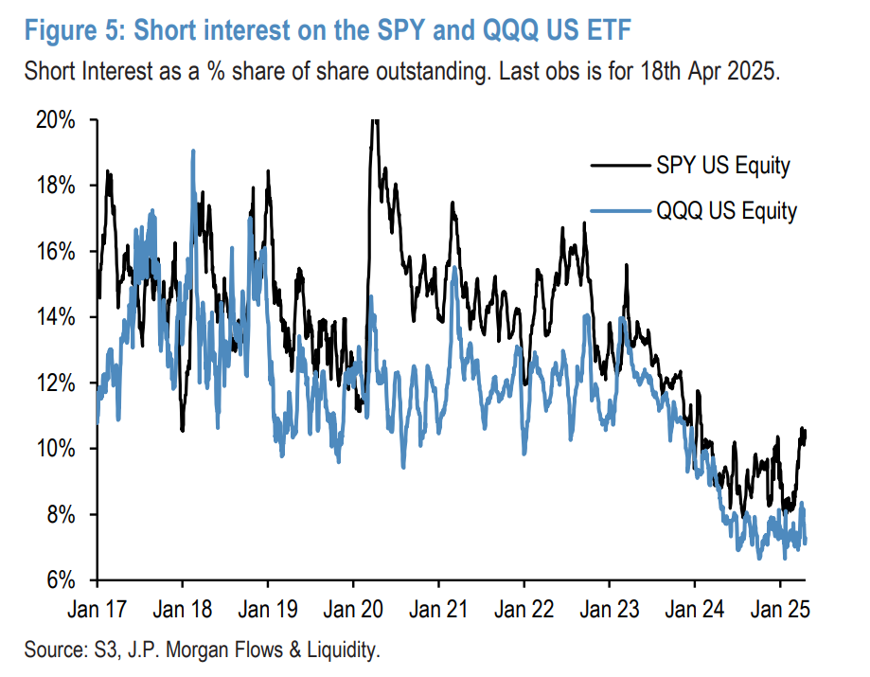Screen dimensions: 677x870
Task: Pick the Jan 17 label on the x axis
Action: [98, 606]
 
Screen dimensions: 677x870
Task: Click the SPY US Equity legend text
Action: [722, 167]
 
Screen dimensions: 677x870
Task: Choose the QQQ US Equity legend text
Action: [726, 210]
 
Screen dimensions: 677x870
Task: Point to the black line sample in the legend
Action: [620, 167]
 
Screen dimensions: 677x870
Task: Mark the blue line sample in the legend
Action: [620, 210]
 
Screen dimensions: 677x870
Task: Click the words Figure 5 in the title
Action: [72, 30]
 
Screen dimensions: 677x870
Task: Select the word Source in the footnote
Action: [54, 650]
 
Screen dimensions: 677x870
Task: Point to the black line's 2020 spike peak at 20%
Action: [374, 120]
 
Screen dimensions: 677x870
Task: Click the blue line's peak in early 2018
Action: [193, 151]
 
